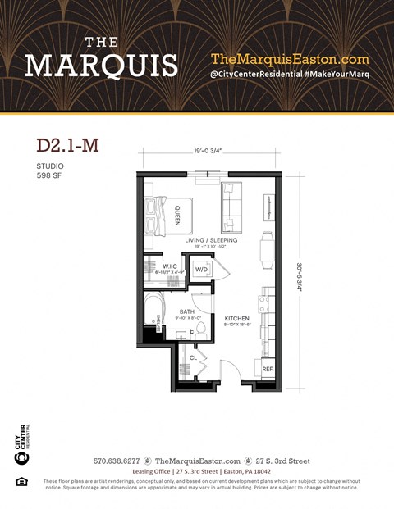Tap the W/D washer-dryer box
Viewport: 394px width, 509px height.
[x=201, y=270]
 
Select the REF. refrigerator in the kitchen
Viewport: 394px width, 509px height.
[x=268, y=370]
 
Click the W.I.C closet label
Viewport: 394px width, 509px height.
[x=171, y=266]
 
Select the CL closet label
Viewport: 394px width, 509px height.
[x=193, y=357]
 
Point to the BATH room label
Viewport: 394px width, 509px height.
[x=186, y=311]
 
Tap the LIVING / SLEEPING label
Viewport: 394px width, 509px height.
[x=211, y=240]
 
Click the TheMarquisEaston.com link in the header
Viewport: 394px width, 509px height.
[x=290, y=59]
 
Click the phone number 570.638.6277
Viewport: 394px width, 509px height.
[x=117, y=461]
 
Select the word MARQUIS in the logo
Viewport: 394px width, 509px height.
[x=101, y=65]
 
